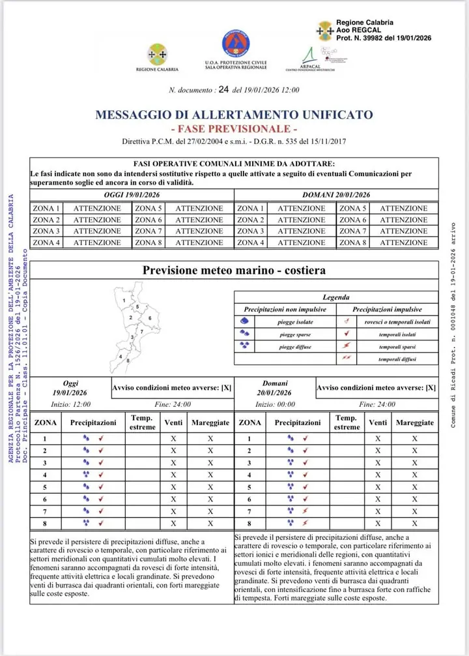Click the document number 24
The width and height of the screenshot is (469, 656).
click(225, 91)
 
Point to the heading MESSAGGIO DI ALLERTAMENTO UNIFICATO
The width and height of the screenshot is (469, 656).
click(234, 115)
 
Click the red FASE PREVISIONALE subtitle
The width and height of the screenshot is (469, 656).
click(234, 128)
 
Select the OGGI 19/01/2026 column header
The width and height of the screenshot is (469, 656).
click(132, 195)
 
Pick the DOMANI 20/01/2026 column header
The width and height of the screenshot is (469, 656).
click(336, 195)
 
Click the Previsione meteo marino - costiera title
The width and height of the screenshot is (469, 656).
click(234, 270)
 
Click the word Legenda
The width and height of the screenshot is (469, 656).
click(335, 297)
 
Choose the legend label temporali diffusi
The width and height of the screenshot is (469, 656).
click(397, 359)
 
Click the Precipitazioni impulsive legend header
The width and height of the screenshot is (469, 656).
click(387, 309)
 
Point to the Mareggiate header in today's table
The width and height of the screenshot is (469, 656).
click(210, 423)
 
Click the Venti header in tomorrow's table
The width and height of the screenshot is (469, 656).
click(378, 423)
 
